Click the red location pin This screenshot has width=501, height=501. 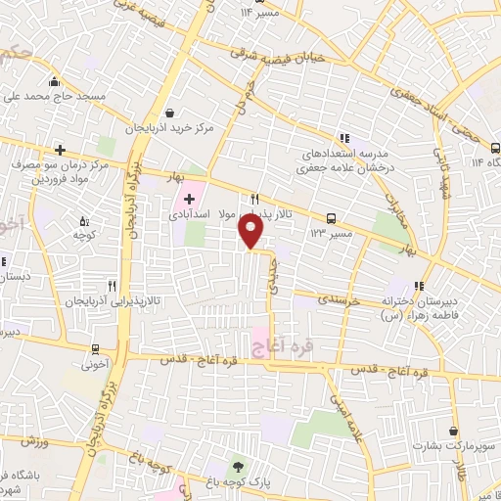click(251, 230)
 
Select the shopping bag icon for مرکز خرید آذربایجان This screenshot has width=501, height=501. click(170, 114)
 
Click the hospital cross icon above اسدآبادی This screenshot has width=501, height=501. click(189, 199)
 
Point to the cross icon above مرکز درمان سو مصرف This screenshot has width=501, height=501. click(61, 150)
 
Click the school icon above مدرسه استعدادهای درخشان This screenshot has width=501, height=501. click(343, 139)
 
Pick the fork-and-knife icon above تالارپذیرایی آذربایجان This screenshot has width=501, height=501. click(113, 286)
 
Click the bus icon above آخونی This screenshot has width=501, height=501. click(95, 349)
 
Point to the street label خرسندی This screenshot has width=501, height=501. click(340, 301)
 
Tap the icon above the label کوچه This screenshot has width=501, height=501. click(82, 221)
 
